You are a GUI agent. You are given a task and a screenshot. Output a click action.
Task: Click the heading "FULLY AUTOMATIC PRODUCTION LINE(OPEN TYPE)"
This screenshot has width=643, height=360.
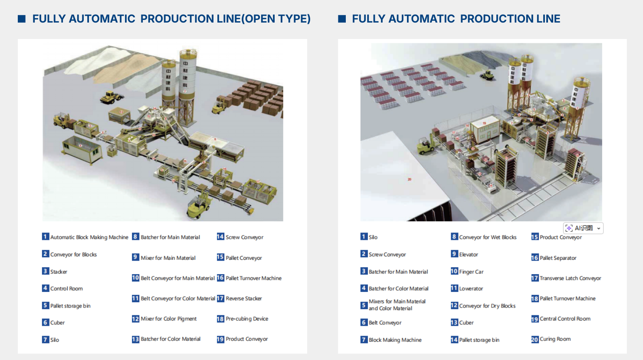[171, 19]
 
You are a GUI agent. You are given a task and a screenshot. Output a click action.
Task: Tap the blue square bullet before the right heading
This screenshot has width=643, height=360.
[342, 19]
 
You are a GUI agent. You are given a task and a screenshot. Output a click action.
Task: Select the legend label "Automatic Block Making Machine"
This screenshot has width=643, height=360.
[89, 237]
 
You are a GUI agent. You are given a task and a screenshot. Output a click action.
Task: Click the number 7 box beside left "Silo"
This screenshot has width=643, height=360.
[46, 340]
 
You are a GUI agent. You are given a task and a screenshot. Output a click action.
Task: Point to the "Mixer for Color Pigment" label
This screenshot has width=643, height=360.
[168, 319]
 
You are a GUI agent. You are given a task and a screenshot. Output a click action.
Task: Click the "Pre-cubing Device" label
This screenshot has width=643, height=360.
[246, 319]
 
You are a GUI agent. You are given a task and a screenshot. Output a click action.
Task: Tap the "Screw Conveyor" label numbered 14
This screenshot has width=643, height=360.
[244, 237]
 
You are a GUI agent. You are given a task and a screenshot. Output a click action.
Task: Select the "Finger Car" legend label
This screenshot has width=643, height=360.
[471, 272]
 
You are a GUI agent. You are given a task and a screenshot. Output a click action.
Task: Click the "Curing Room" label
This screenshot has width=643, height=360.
[555, 339]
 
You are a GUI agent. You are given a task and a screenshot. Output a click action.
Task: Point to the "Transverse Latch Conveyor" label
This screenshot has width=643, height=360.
[570, 278]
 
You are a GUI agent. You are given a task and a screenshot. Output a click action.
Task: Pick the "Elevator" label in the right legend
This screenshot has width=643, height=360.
[468, 255]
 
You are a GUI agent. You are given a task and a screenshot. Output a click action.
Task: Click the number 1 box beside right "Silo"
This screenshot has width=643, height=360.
[364, 237]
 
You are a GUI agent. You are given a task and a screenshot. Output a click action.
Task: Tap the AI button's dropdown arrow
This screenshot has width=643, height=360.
[599, 229]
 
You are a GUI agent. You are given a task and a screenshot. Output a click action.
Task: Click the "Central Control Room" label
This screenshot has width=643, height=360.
[565, 319]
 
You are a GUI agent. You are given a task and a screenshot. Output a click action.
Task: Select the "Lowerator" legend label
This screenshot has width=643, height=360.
[471, 289]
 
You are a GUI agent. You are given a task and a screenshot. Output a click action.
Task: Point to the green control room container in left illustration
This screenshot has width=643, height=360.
[82, 150]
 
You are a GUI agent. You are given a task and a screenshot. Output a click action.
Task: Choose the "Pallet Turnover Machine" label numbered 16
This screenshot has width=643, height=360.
[253, 278]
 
